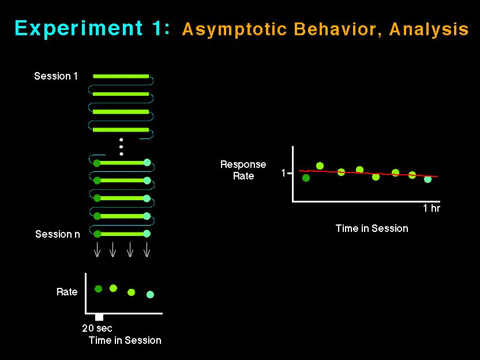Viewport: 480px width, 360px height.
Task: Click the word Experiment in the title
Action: click(78, 29)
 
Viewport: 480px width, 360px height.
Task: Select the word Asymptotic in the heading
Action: click(235, 29)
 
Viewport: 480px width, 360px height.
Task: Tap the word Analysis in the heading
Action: click(429, 29)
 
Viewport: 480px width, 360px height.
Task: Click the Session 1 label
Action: click(56, 76)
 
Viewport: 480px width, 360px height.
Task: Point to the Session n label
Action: click(57, 234)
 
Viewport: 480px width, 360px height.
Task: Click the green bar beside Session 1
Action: click(121, 76)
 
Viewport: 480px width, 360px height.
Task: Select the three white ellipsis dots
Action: click(121, 147)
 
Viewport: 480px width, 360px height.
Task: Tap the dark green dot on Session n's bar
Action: click(97, 234)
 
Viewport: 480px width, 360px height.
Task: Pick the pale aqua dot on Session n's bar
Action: click(147, 234)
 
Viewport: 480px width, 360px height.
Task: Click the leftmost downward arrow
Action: click(97, 249)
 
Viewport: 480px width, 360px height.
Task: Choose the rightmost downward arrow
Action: click(147, 249)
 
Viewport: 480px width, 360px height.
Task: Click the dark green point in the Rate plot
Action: click(98, 288)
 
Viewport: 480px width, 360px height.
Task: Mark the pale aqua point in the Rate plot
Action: click(150, 294)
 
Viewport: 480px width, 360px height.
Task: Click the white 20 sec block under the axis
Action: click(99, 317)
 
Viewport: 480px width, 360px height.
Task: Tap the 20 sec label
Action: click(97, 328)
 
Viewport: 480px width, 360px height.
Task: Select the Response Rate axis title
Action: click(243, 170)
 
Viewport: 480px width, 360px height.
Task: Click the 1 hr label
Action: click(432, 208)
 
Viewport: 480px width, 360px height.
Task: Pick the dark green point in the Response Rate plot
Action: click(306, 178)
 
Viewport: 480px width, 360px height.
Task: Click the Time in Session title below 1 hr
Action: click(372, 228)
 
